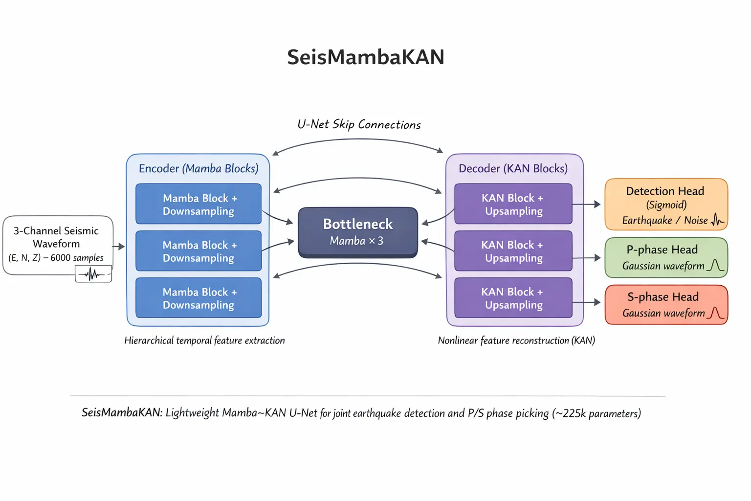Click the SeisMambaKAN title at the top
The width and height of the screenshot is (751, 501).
(365, 57)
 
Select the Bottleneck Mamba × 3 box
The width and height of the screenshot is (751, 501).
(358, 232)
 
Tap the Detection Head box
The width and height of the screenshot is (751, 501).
(666, 205)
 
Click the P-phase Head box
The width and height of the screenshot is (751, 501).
(666, 257)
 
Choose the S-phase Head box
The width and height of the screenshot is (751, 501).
(666, 304)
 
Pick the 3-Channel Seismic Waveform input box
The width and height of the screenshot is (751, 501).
(57, 244)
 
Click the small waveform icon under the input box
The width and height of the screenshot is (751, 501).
(93, 274)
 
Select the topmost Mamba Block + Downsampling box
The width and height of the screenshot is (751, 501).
(199, 204)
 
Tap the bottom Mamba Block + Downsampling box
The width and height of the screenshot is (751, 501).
(199, 298)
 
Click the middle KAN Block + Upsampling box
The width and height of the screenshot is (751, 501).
(513, 251)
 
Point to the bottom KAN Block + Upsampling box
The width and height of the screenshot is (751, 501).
(513, 298)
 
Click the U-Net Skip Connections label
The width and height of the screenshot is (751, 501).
(359, 125)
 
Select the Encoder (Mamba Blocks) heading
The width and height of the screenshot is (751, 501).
(199, 169)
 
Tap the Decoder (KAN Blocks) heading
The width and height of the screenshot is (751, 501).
(513, 169)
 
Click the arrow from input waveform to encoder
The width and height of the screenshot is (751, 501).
(119, 247)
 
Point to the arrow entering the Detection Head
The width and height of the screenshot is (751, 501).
(587, 205)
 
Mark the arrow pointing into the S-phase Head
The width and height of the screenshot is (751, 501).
(587, 302)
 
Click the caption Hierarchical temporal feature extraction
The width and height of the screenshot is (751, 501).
(204, 341)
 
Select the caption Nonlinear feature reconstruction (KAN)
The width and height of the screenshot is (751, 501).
(516, 341)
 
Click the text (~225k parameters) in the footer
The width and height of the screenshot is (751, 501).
(596, 413)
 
